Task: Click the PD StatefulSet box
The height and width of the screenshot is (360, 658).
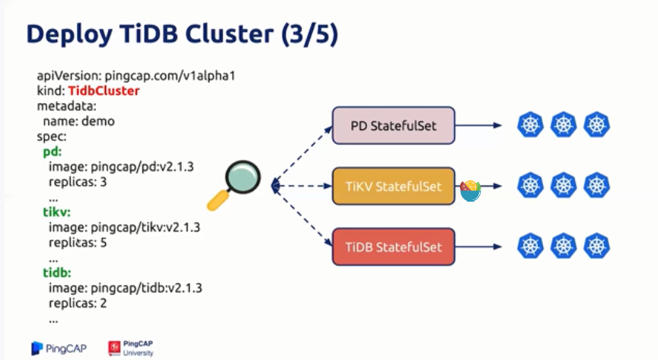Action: click(393, 126)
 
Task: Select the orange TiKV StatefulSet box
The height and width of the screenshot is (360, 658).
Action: click(393, 186)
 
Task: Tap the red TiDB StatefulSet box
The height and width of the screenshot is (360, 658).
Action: click(393, 247)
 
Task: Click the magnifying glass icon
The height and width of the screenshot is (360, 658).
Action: click(234, 185)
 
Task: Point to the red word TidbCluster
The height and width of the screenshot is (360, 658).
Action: click(104, 91)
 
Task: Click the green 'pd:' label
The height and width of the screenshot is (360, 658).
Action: click(53, 151)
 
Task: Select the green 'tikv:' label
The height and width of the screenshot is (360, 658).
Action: click(56, 212)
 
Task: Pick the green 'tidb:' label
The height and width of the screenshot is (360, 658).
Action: click(57, 272)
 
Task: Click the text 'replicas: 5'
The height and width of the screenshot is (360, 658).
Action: click(78, 243)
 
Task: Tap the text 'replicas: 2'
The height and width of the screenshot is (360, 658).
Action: click(78, 303)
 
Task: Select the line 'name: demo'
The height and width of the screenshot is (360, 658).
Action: click(78, 121)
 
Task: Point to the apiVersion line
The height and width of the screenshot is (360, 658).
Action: click(136, 75)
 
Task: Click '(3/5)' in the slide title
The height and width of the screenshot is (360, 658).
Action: click(310, 34)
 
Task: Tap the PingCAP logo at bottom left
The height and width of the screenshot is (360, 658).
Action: click(59, 349)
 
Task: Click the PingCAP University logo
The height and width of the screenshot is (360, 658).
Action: click(130, 349)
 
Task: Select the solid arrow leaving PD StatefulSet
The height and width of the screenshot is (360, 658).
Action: click(478, 125)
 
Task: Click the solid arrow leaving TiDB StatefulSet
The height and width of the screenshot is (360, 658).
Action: click(478, 247)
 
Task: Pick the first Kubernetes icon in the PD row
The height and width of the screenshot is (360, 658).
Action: click(530, 125)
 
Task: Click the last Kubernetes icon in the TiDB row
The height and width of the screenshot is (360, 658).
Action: click(597, 246)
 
